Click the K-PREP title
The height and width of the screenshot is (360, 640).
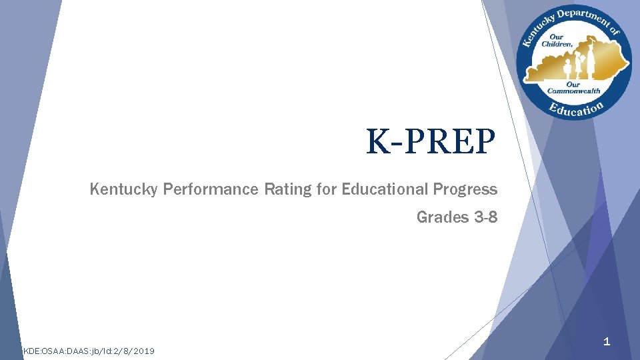431,141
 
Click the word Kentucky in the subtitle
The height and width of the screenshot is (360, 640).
123,189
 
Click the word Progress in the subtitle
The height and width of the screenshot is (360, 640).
465,189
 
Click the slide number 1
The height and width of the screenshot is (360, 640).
606,342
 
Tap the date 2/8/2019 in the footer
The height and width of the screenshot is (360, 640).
137,351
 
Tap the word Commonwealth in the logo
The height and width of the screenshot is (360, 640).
573,91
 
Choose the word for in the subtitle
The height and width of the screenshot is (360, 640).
327,189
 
